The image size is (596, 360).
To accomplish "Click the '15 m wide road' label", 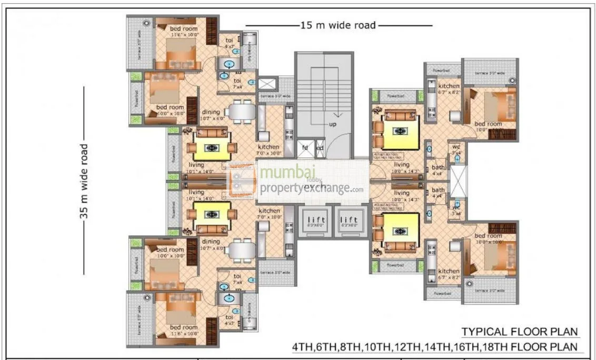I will (338, 25).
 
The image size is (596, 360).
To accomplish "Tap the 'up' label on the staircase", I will (332, 124).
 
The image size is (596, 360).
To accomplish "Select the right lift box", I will (349, 222).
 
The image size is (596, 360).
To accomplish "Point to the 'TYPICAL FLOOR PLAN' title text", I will (520, 332).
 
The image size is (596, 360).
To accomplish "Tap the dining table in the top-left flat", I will (242, 112).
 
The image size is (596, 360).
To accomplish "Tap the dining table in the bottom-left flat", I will (242, 249).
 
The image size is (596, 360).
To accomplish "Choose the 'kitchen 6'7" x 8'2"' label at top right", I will (449, 89).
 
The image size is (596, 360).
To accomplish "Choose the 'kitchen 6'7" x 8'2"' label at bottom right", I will (449, 274).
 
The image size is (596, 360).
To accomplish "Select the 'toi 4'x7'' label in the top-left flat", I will (230, 43).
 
